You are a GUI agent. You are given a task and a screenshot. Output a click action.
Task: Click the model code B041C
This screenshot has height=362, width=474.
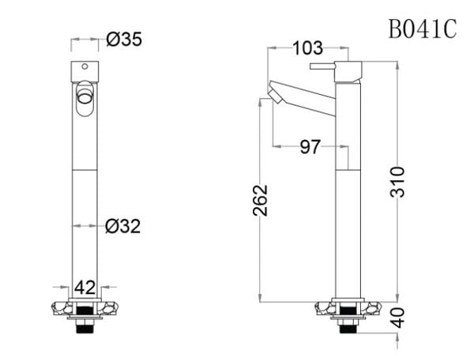[x=423, y=30]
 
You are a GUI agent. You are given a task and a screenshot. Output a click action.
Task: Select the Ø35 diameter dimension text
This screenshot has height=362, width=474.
[x=123, y=40]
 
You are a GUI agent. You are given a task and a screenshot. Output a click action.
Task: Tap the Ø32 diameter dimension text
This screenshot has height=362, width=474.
[x=122, y=226]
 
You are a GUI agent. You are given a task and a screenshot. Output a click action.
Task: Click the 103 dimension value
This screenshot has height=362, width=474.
[x=307, y=49]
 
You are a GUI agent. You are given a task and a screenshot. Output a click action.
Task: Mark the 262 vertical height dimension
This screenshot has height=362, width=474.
[x=261, y=199]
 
